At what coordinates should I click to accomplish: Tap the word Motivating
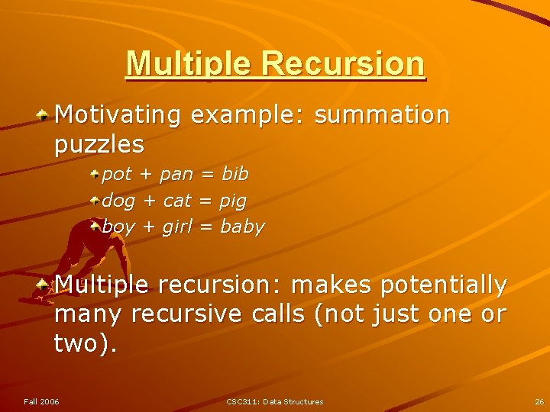[x=118, y=115]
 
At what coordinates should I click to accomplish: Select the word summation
[x=382, y=115]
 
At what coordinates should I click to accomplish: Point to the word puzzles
[x=99, y=143]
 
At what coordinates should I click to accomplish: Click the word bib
[x=235, y=174]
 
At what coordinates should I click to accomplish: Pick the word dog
[x=118, y=201]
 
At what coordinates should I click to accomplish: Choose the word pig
[x=232, y=201]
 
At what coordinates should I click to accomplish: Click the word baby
[x=242, y=227]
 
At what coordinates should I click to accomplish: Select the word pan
[x=176, y=175]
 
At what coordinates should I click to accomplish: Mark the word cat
[x=177, y=201]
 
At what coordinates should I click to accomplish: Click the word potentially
[x=444, y=285]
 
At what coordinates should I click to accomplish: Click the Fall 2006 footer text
[x=41, y=401]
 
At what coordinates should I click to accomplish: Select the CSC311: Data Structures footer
[x=275, y=401]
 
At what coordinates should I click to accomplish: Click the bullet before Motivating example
[x=45, y=114]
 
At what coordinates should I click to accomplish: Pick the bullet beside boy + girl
[x=95, y=226]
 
